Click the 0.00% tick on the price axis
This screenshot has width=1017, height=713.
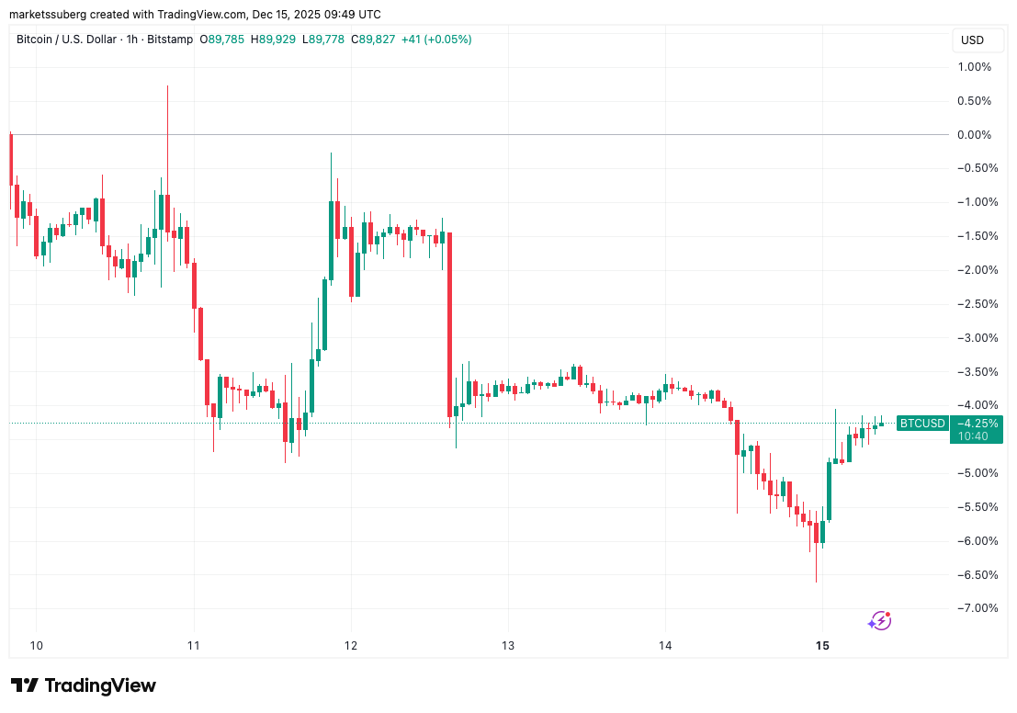(974, 135)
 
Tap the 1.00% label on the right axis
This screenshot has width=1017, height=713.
(974, 67)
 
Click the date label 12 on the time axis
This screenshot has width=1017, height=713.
(351, 646)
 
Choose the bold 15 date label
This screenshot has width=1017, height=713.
(822, 646)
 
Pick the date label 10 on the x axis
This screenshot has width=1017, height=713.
(37, 646)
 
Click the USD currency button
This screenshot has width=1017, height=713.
(972, 40)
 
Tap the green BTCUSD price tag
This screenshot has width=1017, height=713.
(921, 423)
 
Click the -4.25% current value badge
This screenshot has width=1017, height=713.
(978, 423)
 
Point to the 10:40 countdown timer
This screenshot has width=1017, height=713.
(972, 436)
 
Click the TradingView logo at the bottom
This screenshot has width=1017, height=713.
(84, 685)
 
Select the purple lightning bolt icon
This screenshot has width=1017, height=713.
(879, 622)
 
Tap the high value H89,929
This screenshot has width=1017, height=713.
(277, 40)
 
